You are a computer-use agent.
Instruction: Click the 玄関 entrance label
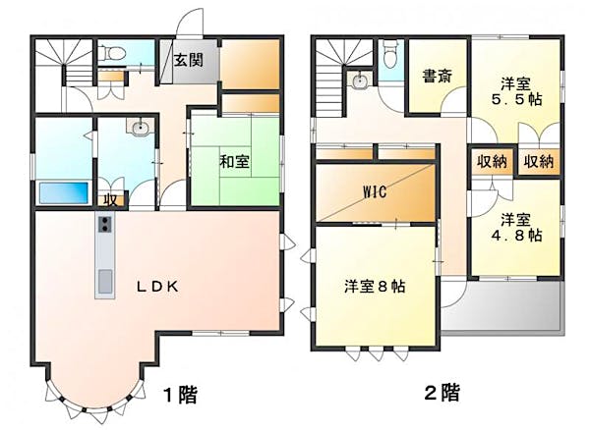click(x=189, y=60)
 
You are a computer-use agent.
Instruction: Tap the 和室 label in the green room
click(x=233, y=160)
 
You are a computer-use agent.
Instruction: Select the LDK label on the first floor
click(x=157, y=287)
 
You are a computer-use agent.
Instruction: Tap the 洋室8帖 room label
click(x=375, y=286)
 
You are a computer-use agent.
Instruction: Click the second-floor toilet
click(x=389, y=51)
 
